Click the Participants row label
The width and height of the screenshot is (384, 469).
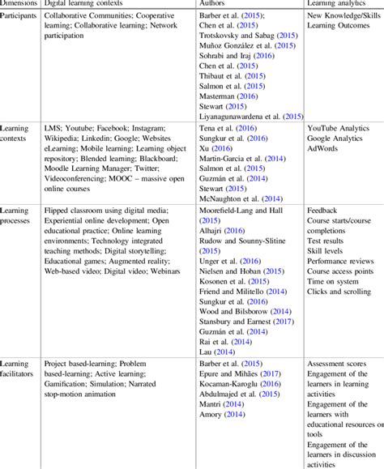[19, 15]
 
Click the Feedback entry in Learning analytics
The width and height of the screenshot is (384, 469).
[325, 210]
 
